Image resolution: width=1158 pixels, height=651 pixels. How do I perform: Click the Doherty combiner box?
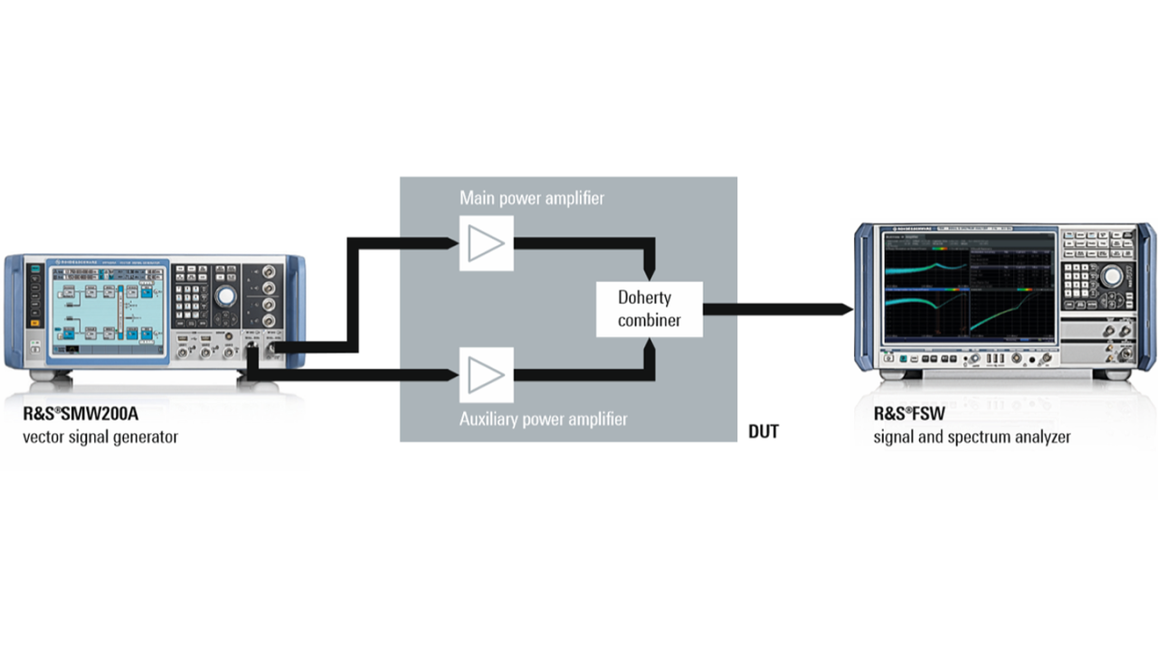coord(649,309)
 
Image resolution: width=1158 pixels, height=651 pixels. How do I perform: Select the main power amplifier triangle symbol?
coord(487,243)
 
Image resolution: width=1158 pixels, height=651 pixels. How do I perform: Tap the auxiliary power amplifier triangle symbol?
coord(487,374)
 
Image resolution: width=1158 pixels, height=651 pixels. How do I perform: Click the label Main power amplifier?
coord(532,197)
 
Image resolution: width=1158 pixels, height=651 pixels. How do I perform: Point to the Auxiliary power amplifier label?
coord(543,419)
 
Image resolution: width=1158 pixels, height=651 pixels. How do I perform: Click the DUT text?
coord(764,432)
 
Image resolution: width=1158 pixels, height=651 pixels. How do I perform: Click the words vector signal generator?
coord(100,438)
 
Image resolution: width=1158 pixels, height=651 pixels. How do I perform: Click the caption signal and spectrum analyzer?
coord(972,438)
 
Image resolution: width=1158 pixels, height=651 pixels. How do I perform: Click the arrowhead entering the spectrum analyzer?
coord(845,309)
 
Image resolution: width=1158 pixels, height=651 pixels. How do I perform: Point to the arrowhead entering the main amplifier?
coord(451,242)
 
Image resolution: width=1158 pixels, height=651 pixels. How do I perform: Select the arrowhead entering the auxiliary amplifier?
coord(451,373)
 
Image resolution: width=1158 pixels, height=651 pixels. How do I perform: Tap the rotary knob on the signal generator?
coord(225,296)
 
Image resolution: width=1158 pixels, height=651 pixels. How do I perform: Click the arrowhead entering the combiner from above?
coord(649,274)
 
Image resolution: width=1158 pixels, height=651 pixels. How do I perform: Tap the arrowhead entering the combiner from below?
coord(649,344)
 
